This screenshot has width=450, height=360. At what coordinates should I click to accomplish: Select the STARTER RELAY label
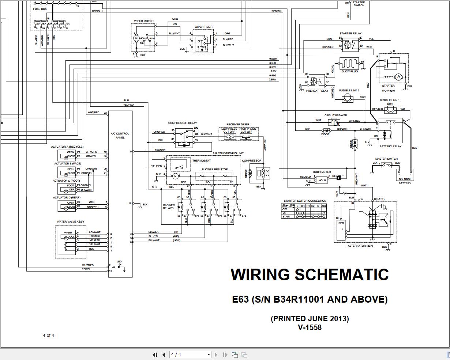(x=350, y=33)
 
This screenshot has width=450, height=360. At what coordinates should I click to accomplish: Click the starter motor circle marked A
(x=399, y=77)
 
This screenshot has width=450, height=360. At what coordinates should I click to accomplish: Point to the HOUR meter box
(x=322, y=180)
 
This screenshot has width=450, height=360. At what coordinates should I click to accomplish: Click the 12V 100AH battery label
(x=405, y=179)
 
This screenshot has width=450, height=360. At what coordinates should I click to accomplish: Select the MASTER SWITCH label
(x=386, y=159)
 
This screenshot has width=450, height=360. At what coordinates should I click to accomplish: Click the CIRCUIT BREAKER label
(x=335, y=115)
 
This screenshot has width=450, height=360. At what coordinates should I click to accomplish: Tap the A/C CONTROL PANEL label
(x=120, y=136)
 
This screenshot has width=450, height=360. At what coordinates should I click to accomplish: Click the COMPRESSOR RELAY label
(x=182, y=123)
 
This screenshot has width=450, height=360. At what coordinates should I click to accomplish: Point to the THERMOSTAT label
(x=202, y=160)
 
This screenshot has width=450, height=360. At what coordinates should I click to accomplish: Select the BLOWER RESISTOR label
(x=215, y=169)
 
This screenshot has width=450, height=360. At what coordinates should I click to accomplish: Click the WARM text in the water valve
(x=68, y=232)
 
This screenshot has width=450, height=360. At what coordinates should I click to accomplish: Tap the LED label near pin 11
(x=119, y=261)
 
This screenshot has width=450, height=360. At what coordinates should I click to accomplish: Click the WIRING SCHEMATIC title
(x=310, y=274)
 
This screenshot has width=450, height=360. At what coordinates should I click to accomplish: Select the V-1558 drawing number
(x=310, y=327)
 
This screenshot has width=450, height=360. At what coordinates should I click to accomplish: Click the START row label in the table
(x=286, y=216)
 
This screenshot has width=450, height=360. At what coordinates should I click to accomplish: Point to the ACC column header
(x=323, y=206)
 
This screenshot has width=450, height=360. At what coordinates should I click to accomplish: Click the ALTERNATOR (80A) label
(x=360, y=246)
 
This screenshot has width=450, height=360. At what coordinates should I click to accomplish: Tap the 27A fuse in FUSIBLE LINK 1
(x=390, y=111)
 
